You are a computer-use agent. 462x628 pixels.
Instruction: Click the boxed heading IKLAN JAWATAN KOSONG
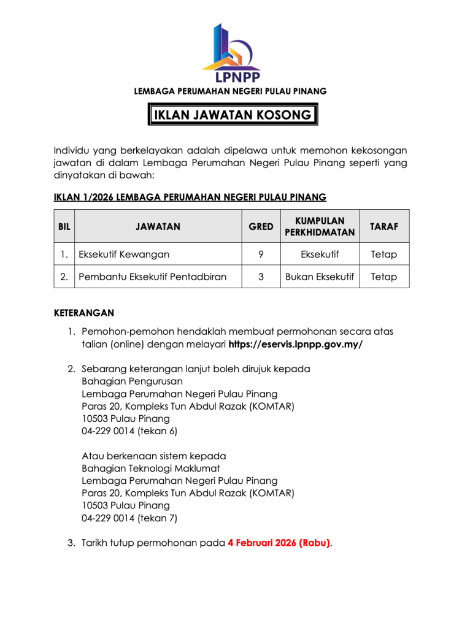pyautogui.click(x=233, y=115)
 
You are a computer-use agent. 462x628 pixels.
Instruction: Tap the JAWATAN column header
pyautogui.click(x=158, y=226)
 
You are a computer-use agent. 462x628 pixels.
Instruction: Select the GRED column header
pyautogui.click(x=261, y=226)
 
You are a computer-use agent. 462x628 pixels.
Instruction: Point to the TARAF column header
pyautogui.click(x=384, y=226)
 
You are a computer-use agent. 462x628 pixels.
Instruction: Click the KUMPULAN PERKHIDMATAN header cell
pyautogui.click(x=320, y=226)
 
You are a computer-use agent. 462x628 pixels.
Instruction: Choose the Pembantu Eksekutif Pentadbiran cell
pyautogui.click(x=152, y=277)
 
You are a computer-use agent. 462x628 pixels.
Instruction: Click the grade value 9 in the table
pyautogui.click(x=261, y=254)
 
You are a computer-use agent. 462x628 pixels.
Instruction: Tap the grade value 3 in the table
pyautogui.click(x=261, y=277)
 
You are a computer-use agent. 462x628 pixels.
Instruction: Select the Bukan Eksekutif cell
pyautogui.click(x=320, y=277)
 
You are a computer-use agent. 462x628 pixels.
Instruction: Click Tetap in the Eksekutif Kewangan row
pyautogui.click(x=384, y=254)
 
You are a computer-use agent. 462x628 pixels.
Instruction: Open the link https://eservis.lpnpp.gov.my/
pyautogui.click(x=296, y=344)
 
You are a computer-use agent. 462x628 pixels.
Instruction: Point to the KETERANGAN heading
pyautogui.click(x=84, y=313)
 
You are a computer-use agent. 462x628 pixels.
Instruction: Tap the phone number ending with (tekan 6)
pyautogui.click(x=129, y=431)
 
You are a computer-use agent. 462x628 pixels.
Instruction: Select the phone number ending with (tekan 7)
pyautogui.click(x=129, y=518)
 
